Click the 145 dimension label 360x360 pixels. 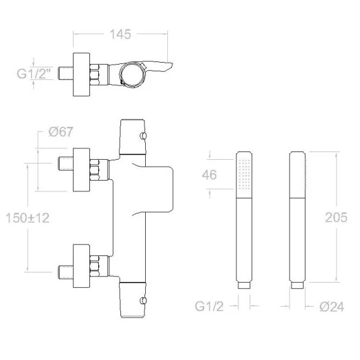point(120,34)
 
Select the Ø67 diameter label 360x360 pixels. point(61,132)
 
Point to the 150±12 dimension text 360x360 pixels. point(27,218)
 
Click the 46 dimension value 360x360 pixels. point(209,175)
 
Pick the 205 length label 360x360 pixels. point(336,217)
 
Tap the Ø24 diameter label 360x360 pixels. point(331,307)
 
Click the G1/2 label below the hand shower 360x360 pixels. point(209,306)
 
